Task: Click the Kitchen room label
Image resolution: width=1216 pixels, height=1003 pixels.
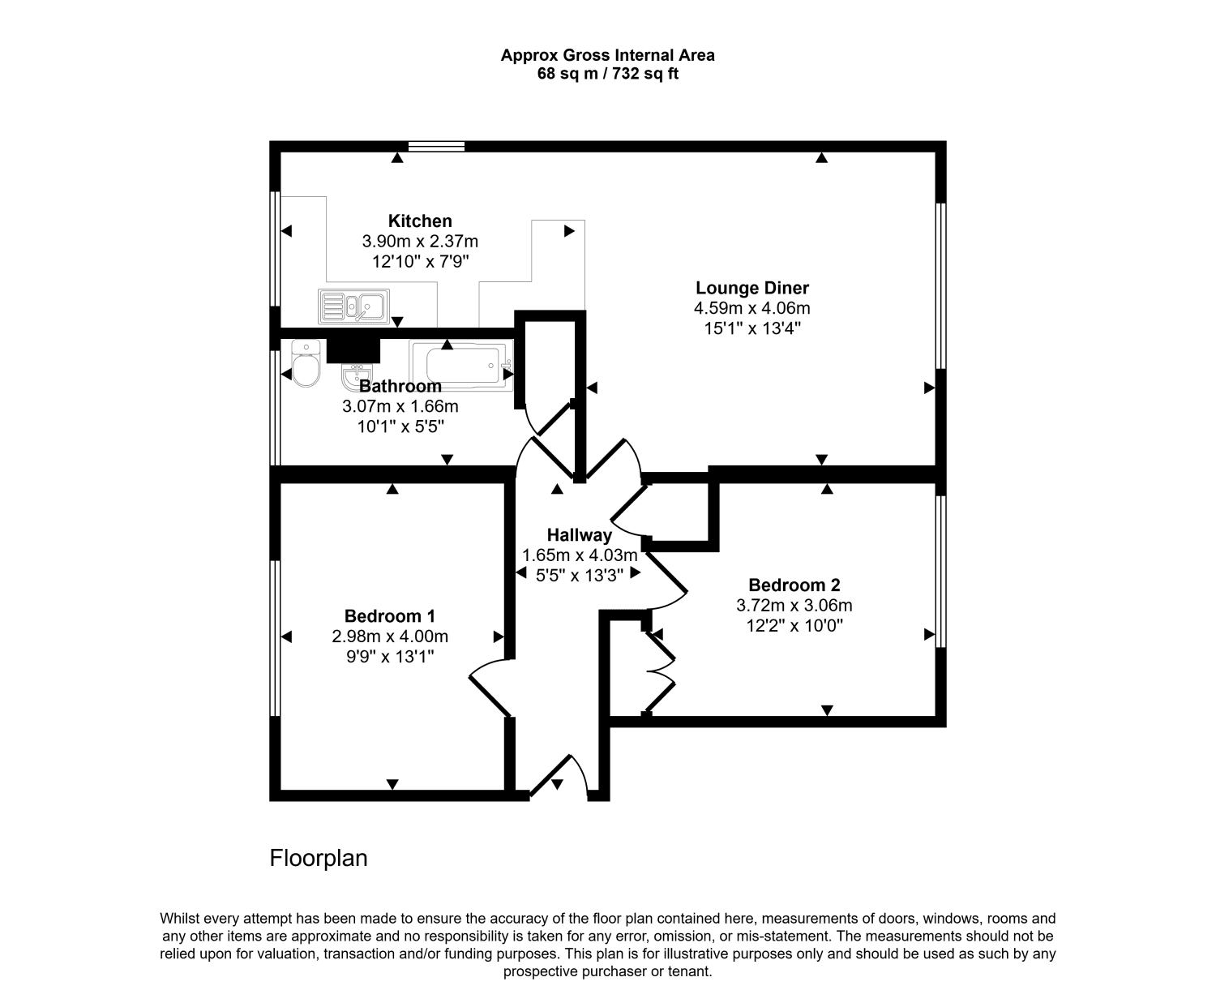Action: pyautogui.click(x=420, y=221)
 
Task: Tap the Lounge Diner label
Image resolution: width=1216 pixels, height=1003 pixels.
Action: pyautogui.click(x=751, y=288)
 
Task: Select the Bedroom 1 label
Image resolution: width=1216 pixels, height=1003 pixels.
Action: pyautogui.click(x=389, y=615)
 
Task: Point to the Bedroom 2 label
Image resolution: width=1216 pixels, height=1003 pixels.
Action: pyautogui.click(x=794, y=585)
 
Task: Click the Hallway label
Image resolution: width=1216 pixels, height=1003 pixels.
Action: pyautogui.click(x=579, y=535)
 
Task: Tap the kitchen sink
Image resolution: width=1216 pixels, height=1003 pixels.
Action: pyautogui.click(x=353, y=306)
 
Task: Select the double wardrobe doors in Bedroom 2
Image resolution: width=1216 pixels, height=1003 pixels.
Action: pyautogui.click(x=661, y=671)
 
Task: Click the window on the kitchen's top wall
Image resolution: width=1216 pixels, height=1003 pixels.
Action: pyautogui.click(x=436, y=147)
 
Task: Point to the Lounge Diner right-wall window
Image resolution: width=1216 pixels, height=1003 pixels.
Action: pyautogui.click(x=940, y=285)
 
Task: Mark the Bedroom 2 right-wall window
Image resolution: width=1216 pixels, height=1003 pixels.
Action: pyautogui.click(x=940, y=571)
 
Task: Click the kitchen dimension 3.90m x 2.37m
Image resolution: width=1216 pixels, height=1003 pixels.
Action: pyautogui.click(x=420, y=242)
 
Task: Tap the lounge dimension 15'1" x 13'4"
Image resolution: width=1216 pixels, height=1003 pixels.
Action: pyautogui.click(x=751, y=328)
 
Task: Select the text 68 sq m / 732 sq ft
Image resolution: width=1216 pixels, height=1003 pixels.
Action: pyautogui.click(x=607, y=74)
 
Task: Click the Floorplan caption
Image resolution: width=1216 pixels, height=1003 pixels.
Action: pyautogui.click(x=319, y=858)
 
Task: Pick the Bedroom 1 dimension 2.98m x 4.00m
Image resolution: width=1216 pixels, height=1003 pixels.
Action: pyautogui.click(x=389, y=637)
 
